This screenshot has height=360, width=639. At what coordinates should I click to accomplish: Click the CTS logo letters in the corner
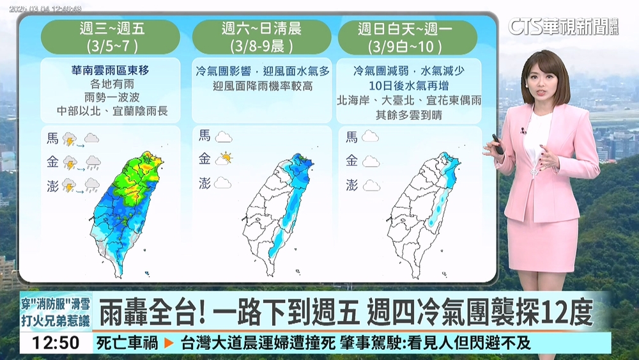click(x=524, y=26)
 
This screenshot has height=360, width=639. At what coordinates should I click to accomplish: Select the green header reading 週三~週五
click(x=111, y=37)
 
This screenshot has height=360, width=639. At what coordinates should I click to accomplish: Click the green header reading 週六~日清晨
click(x=261, y=37)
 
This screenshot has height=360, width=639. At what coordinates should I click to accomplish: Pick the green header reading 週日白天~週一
click(x=408, y=37)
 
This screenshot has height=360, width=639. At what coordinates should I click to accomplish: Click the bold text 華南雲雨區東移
click(x=111, y=68)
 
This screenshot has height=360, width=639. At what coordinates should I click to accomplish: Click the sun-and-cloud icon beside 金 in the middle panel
click(x=224, y=158)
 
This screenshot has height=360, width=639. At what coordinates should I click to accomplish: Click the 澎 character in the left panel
click(x=53, y=185)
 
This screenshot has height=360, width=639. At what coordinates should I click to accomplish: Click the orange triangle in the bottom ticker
click(x=169, y=343)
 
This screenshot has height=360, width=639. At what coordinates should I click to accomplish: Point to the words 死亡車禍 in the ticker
click(x=127, y=343)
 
